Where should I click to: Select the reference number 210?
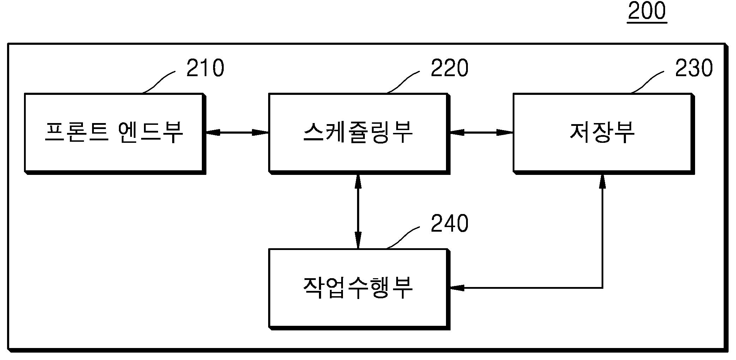tap(205, 68)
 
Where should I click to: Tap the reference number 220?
tap(449, 68)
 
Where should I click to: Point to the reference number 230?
tap(694, 68)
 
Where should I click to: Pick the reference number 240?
tap(449, 224)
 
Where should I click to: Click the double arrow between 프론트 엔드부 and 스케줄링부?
tap(237, 133)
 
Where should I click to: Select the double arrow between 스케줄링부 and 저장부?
tap(481, 133)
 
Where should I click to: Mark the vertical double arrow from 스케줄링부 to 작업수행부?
tap(358, 211)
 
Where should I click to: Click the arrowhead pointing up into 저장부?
tap(602, 181)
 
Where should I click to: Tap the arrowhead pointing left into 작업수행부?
tap(457, 288)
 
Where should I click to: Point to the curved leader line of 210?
tap(158, 82)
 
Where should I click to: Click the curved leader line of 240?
tap(403, 238)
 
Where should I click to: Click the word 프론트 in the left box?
tap(76, 132)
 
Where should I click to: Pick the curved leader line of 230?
tap(647, 82)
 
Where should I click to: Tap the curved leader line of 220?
tap(403, 82)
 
